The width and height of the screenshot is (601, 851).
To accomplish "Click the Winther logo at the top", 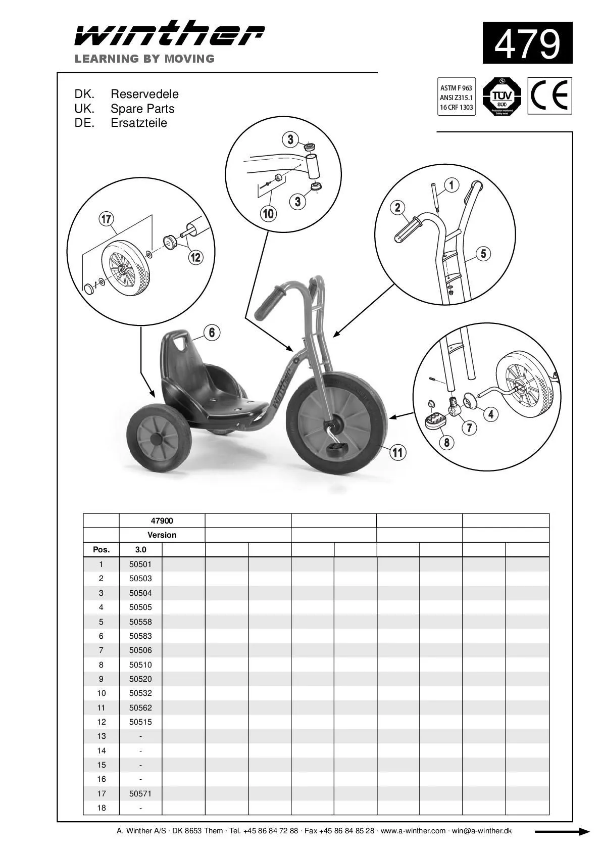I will pyautogui.click(x=169, y=34).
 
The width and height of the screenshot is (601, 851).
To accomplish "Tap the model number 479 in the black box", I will pyautogui.click(x=527, y=43).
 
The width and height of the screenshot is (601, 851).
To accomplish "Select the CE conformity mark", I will pyautogui.click(x=550, y=96).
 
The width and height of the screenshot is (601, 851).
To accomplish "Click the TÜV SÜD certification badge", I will pyautogui.click(x=502, y=96).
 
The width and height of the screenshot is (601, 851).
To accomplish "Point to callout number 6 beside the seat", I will pyautogui.click(x=212, y=333).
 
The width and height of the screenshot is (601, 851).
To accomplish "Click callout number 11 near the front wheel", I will pyautogui.click(x=398, y=452).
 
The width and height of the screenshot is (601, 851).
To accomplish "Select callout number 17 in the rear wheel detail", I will pyautogui.click(x=106, y=219).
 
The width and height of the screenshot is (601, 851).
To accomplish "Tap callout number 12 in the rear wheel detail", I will pyautogui.click(x=195, y=257).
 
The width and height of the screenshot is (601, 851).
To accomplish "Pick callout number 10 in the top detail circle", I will pyautogui.click(x=268, y=213).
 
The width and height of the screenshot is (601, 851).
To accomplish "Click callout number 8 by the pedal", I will pyautogui.click(x=446, y=443).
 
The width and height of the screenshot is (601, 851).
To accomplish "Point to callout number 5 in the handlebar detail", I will pyautogui.click(x=483, y=253).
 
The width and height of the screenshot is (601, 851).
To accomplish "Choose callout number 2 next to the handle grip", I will pyautogui.click(x=397, y=207).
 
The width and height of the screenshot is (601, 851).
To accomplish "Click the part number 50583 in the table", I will pyautogui.click(x=140, y=636).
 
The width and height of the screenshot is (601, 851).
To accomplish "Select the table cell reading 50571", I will pyautogui.click(x=140, y=793).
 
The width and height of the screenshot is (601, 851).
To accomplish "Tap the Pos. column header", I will pyautogui.click(x=101, y=549).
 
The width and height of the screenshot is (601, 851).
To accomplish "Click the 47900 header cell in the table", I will pyautogui.click(x=162, y=521).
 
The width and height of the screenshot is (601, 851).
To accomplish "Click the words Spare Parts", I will pyautogui.click(x=142, y=109).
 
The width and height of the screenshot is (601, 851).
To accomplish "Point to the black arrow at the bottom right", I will pyautogui.click(x=562, y=831).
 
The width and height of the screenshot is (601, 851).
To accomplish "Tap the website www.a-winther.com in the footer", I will pyautogui.click(x=413, y=831).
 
